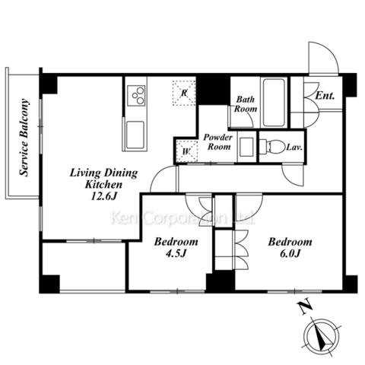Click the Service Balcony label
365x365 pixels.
click(24, 137)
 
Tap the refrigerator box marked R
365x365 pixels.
click(184, 93)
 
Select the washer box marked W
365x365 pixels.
click(186, 151)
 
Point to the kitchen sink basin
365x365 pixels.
click(135, 135)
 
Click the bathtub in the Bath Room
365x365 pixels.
click(274, 103)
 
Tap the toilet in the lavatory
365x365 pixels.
click(272, 147)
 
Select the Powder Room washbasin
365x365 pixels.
click(246, 147)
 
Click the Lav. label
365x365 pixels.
click(294, 147)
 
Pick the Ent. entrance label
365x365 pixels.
click(325, 96)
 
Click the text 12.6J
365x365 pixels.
click(103, 196)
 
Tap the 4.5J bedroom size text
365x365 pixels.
click(176, 253)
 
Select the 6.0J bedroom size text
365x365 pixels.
click(290, 253)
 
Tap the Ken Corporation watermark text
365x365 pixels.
click(182, 217)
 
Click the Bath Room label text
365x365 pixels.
click(246, 104)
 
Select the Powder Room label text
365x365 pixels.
click(218, 142)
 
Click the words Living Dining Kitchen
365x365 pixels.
click(103, 179)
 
